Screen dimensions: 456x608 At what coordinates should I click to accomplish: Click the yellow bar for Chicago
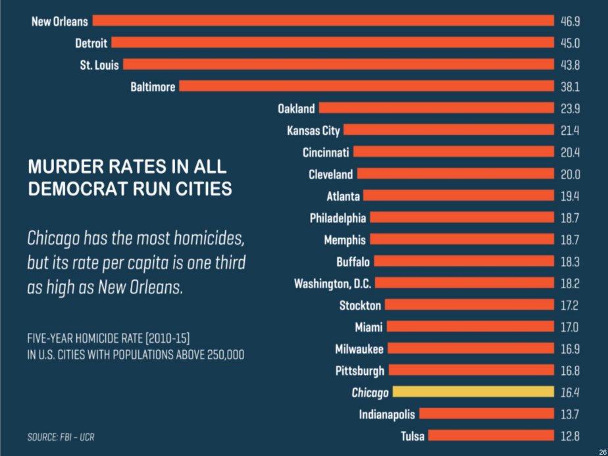473,392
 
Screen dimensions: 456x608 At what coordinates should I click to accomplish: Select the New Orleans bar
322,21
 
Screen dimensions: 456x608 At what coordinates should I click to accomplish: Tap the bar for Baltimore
366,86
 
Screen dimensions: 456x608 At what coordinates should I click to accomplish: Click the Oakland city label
296,109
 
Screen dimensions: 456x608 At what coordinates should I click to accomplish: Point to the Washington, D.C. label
332,284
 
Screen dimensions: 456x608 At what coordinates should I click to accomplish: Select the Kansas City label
313,130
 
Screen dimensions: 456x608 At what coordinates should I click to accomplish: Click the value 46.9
570,21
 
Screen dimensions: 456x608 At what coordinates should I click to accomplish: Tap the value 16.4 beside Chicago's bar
570,392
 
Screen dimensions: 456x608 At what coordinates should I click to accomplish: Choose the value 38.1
570,86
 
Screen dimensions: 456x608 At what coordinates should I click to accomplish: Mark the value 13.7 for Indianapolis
570,414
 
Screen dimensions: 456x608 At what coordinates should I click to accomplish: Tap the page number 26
601,450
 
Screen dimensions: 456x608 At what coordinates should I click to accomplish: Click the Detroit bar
332,43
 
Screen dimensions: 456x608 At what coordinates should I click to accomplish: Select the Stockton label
360,305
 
